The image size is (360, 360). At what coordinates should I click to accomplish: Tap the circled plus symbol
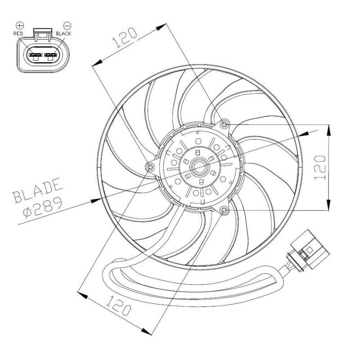point(20,25)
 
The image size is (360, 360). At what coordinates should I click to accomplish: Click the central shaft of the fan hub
point(198,167)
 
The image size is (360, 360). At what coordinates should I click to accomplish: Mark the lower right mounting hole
point(225,210)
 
